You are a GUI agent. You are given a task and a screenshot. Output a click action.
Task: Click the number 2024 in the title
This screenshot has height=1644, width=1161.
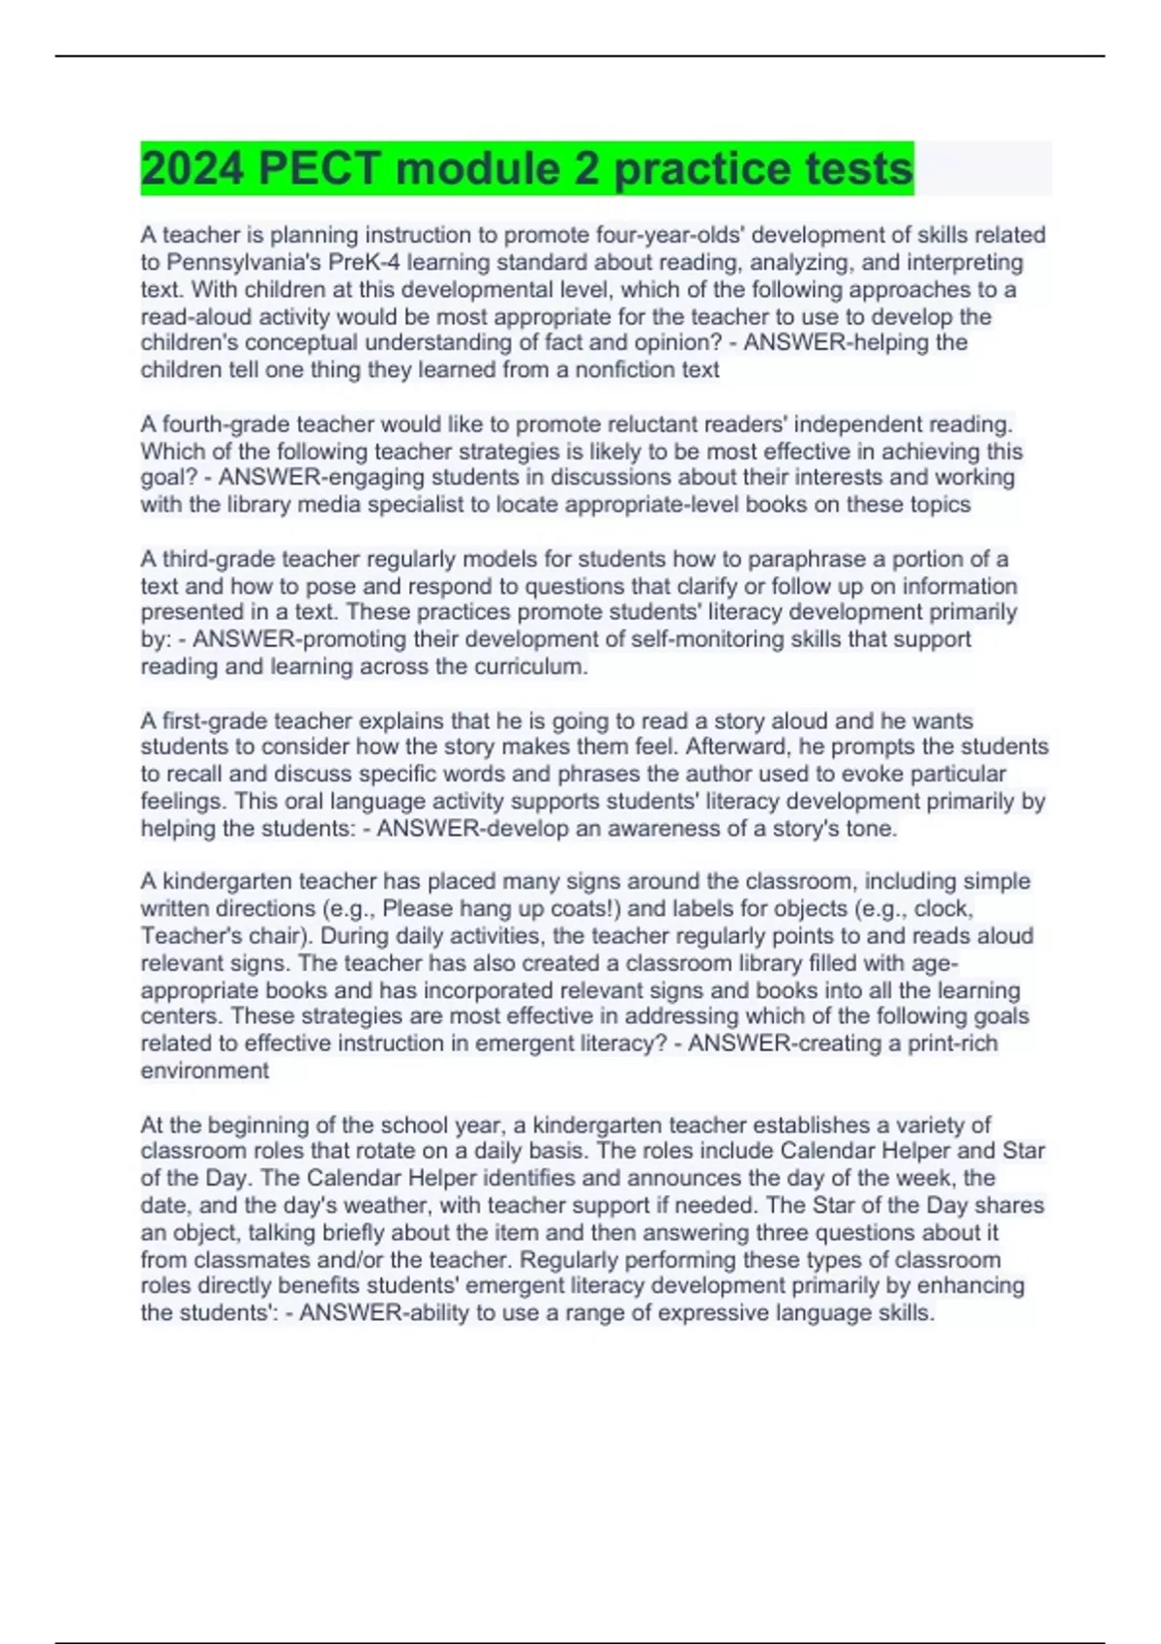click(193, 169)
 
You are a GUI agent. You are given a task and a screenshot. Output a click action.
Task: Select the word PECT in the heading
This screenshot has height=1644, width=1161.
click(320, 169)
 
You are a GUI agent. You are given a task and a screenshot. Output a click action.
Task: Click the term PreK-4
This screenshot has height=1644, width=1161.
click(365, 262)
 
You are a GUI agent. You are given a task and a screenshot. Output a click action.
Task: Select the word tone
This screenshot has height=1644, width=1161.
click(872, 829)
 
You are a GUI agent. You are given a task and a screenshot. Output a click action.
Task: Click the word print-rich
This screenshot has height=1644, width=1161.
click(952, 1043)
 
